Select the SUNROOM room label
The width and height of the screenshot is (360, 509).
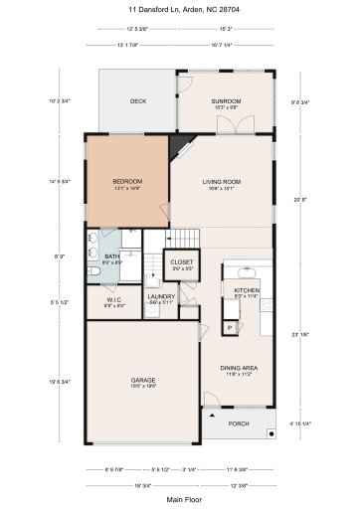[x=226, y=101]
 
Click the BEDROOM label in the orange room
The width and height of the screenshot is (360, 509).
[x=126, y=180]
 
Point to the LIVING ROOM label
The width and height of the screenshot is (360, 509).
[x=222, y=180]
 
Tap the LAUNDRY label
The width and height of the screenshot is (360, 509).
[x=161, y=295]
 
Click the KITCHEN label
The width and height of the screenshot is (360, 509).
[x=233, y=290]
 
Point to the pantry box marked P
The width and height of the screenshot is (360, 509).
[x=228, y=327]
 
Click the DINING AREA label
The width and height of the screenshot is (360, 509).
[x=240, y=368]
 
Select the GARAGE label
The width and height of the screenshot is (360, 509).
[x=143, y=380]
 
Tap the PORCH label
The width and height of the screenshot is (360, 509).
[x=240, y=423]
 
